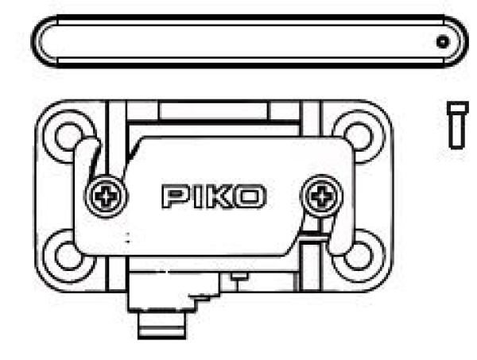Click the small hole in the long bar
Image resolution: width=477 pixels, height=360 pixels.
442,42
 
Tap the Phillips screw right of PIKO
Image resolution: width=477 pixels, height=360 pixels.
321,194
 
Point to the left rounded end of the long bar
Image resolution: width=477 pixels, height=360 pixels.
41,41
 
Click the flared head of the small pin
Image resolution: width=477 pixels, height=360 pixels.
457,107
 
